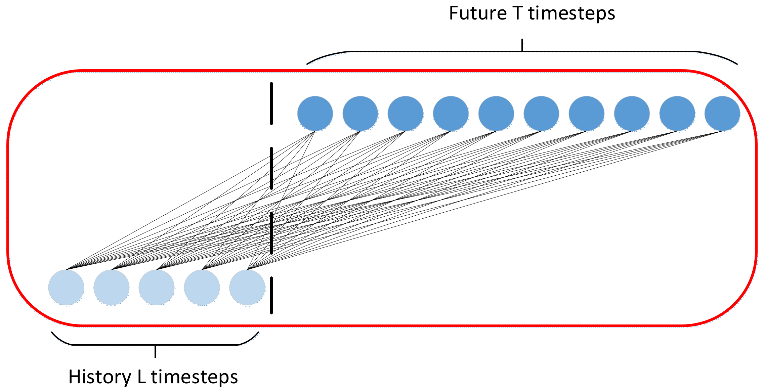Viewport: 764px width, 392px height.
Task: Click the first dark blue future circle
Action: pyautogui.click(x=315, y=114)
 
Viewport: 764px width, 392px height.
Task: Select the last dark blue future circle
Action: pyautogui.click(x=722, y=114)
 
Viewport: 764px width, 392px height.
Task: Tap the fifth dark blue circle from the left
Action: pyautogui.click(x=496, y=114)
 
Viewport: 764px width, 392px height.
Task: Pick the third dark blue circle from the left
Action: pyautogui.click(x=406, y=114)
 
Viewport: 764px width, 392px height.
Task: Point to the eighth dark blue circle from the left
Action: pyautogui.click(x=632, y=114)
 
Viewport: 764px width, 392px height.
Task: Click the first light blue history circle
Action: pyautogui.click(x=66, y=288)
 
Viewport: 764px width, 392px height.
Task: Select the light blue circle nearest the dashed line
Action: pyautogui.click(x=247, y=288)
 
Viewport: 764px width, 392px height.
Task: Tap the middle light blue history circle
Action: pyautogui.click(x=157, y=288)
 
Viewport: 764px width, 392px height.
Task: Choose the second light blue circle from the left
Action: pyautogui.click(x=112, y=288)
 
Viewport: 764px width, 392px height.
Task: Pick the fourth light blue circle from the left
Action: pyautogui.click(x=202, y=288)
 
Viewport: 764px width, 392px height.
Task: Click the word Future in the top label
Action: pyautogui.click(x=478, y=13)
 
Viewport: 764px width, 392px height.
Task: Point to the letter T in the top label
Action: pyautogui.click(x=518, y=13)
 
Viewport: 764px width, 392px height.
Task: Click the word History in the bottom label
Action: pyautogui.click(x=99, y=377)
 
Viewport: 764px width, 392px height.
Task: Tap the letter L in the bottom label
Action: pyautogui.click(x=141, y=377)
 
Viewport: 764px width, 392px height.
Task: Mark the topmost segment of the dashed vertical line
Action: pyautogui.click(x=271, y=103)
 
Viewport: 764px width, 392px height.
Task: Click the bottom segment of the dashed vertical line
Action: pyautogui.click(x=271, y=296)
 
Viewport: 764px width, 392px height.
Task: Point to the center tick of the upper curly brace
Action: pyautogui.click(x=522, y=45)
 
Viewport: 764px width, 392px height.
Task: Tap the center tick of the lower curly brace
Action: pyautogui.click(x=155, y=351)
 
